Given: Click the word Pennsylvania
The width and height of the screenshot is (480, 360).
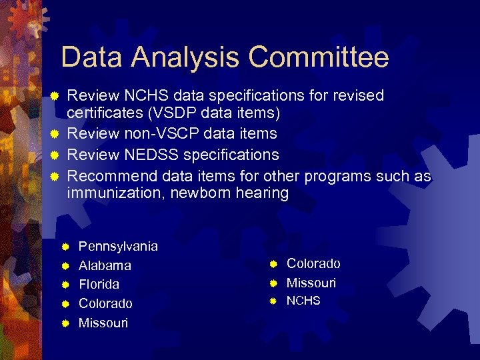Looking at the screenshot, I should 118,247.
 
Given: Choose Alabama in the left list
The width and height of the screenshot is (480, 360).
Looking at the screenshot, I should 105,265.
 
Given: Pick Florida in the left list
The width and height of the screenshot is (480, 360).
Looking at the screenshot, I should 99,284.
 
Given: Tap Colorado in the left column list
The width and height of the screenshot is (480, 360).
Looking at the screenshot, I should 105,303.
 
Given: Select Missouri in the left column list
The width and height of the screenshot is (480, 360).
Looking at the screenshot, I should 103,323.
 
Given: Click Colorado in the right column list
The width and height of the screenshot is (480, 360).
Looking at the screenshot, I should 313,264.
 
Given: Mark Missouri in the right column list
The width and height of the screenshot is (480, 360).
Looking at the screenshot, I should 311,283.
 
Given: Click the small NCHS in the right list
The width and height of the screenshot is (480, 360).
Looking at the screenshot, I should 303,301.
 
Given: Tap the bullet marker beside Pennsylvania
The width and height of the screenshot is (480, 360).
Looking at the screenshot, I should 65,247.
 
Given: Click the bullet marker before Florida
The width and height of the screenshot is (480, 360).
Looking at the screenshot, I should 65,285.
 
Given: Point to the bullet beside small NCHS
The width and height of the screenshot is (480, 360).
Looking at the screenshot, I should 273,301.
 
